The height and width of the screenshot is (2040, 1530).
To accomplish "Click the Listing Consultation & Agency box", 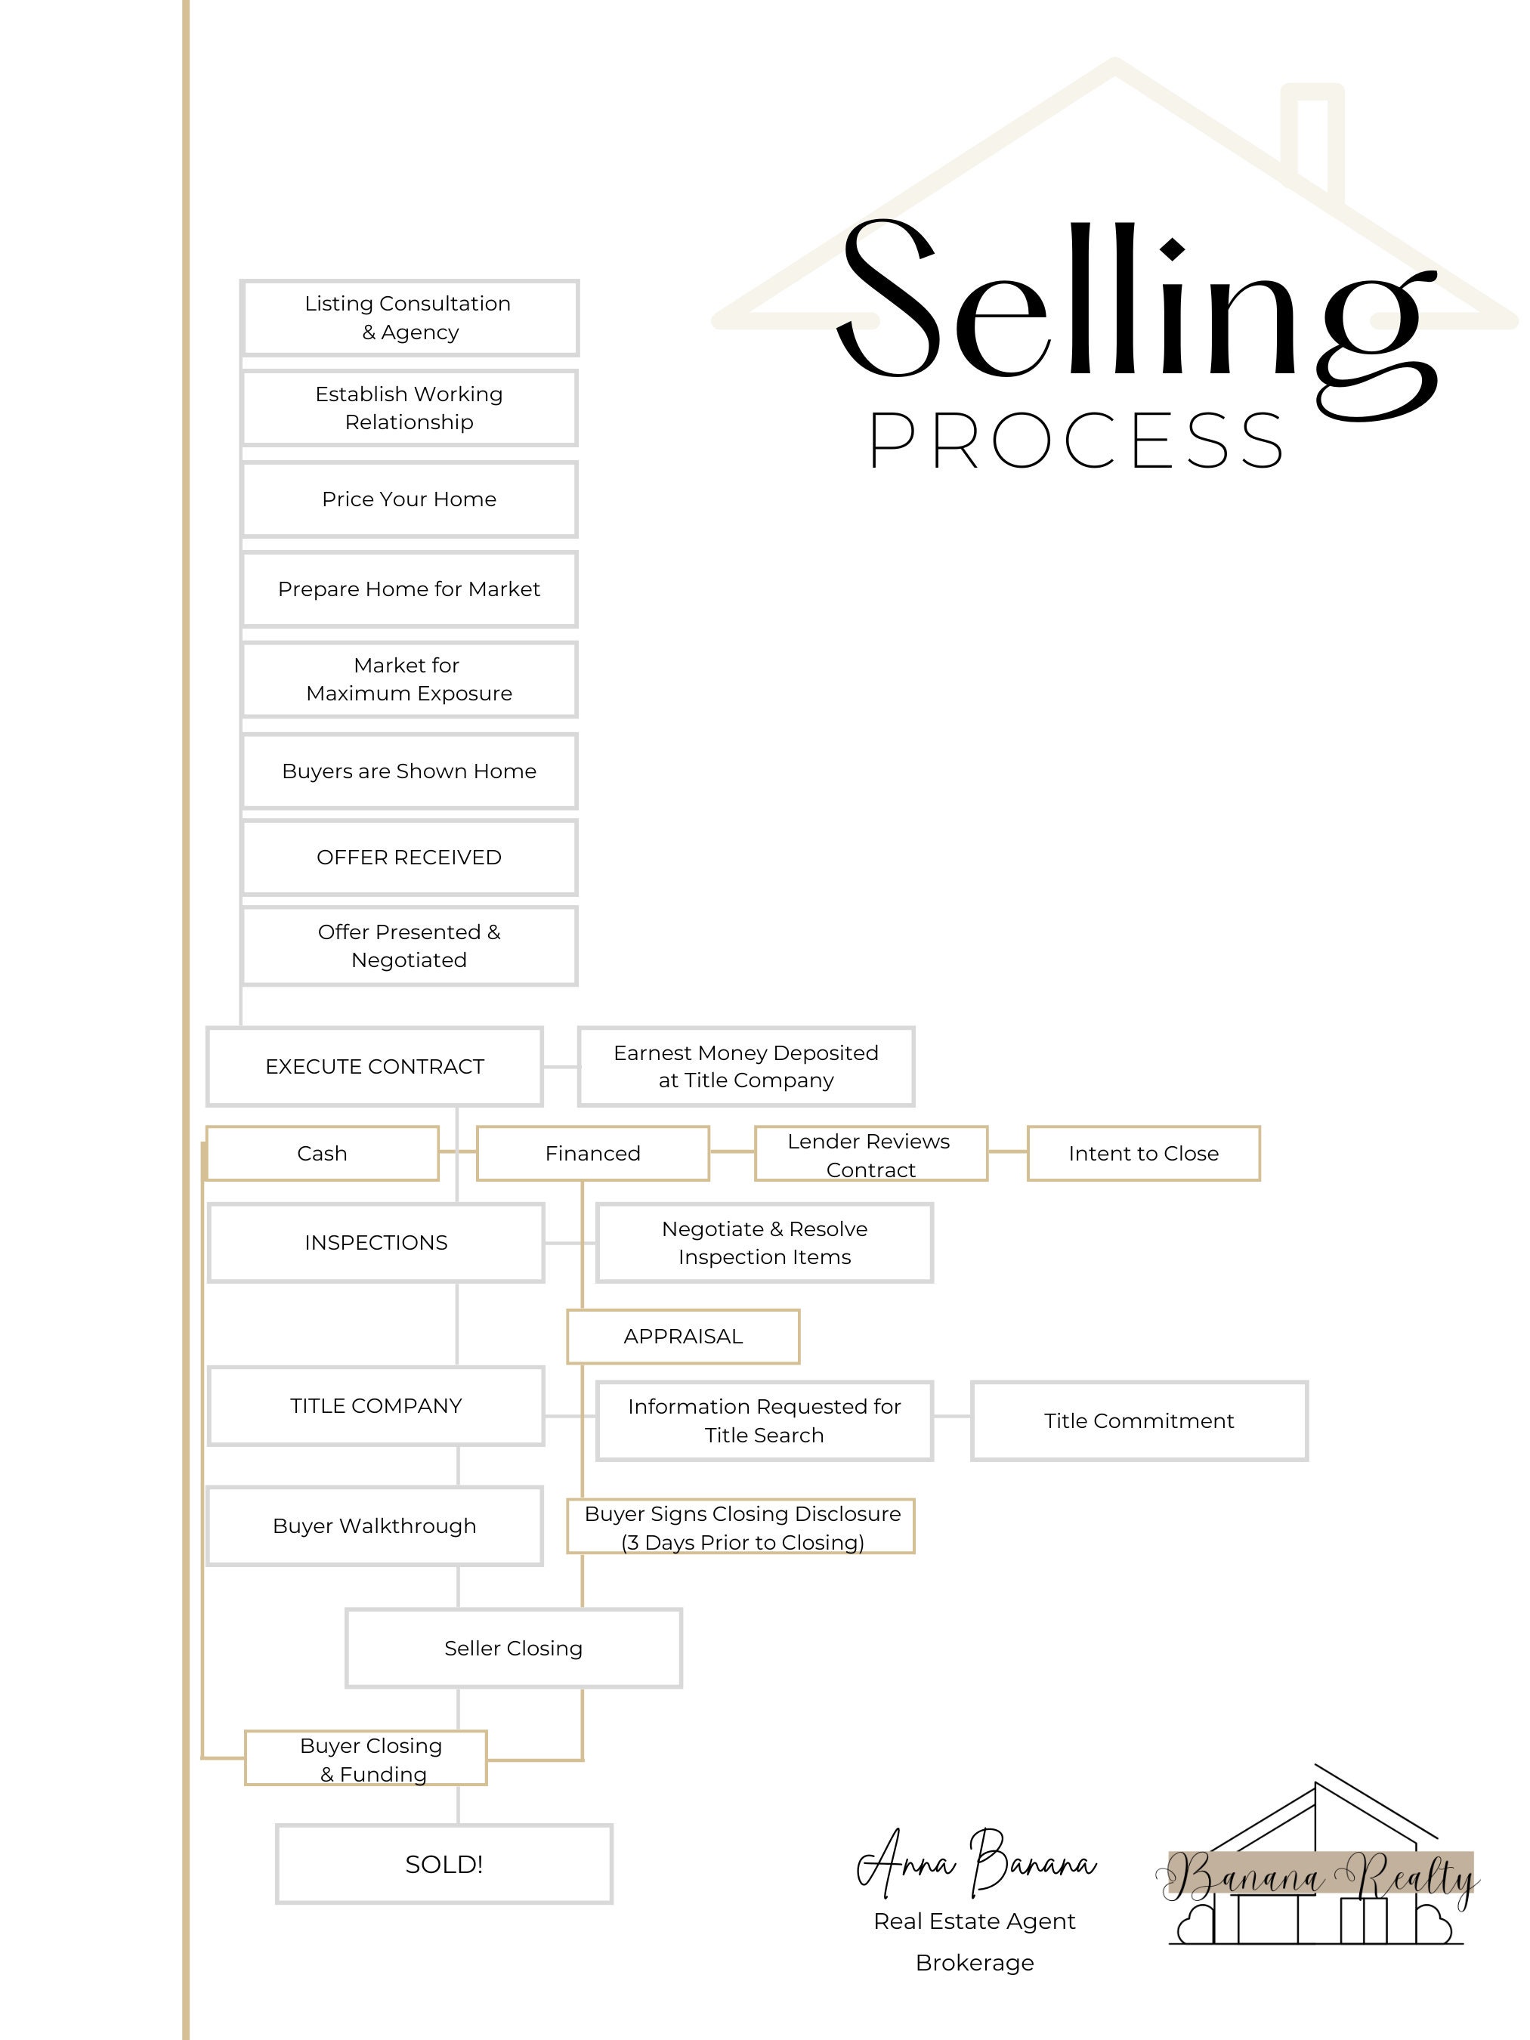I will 410,318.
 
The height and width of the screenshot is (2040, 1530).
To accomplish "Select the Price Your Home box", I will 410,499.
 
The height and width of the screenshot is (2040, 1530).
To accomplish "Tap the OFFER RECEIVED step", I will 410,858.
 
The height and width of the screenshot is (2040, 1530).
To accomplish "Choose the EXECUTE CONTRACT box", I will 375,1066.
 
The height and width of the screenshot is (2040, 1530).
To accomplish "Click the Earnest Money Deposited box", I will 746,1066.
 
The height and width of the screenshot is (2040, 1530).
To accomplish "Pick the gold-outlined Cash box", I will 322,1153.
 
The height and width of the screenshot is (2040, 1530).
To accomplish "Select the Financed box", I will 592,1153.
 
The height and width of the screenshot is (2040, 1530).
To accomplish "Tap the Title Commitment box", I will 1139,1421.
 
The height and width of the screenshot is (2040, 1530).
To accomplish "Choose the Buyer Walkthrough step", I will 375,1526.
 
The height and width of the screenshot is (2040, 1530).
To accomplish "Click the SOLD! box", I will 444,1864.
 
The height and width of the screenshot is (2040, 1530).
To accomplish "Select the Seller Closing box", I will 514,1648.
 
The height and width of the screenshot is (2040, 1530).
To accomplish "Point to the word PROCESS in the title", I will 1076,440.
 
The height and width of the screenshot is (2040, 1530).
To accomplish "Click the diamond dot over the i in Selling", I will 1172,249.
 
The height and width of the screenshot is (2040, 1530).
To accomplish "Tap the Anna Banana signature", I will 975,1863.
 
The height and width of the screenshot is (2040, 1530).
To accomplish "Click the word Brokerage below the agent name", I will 975,1962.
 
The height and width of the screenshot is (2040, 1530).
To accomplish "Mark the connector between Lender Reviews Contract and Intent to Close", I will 1007,1152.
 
